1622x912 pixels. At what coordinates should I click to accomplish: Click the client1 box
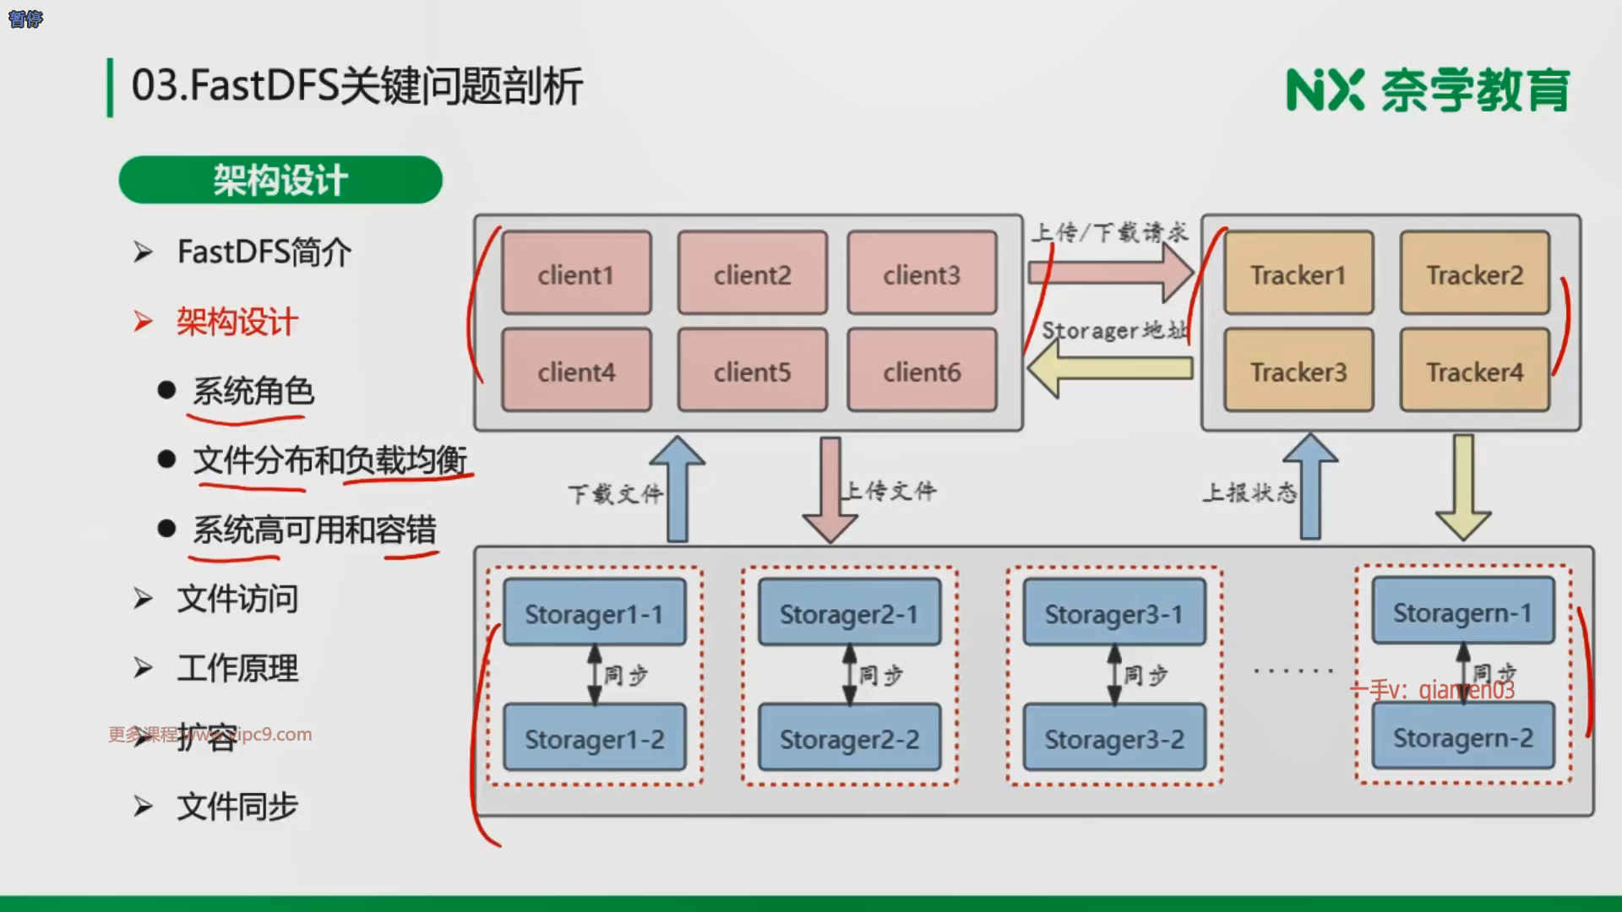tap(576, 274)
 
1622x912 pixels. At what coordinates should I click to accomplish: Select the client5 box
tap(752, 371)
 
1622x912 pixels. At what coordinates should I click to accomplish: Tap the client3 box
tap(922, 274)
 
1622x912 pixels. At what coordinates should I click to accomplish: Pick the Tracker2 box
tap(1474, 274)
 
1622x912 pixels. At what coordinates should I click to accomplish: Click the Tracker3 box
tap(1298, 371)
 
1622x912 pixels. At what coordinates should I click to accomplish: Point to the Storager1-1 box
tap(594, 613)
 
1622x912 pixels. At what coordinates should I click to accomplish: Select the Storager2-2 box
tap(849, 738)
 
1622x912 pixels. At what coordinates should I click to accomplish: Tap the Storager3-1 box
tap(1113, 613)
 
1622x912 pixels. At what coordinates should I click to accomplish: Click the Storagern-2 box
tap(1462, 736)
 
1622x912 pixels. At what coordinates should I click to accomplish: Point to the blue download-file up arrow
tap(678, 490)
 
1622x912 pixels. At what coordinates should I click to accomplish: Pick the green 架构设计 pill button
tap(280, 180)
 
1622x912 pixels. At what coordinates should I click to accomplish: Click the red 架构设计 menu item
tap(237, 322)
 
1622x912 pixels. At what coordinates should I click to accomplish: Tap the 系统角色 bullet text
tap(253, 391)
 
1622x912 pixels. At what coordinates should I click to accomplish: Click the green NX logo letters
tap(1324, 90)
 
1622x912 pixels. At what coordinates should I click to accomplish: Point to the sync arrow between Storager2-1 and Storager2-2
tap(849, 675)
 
